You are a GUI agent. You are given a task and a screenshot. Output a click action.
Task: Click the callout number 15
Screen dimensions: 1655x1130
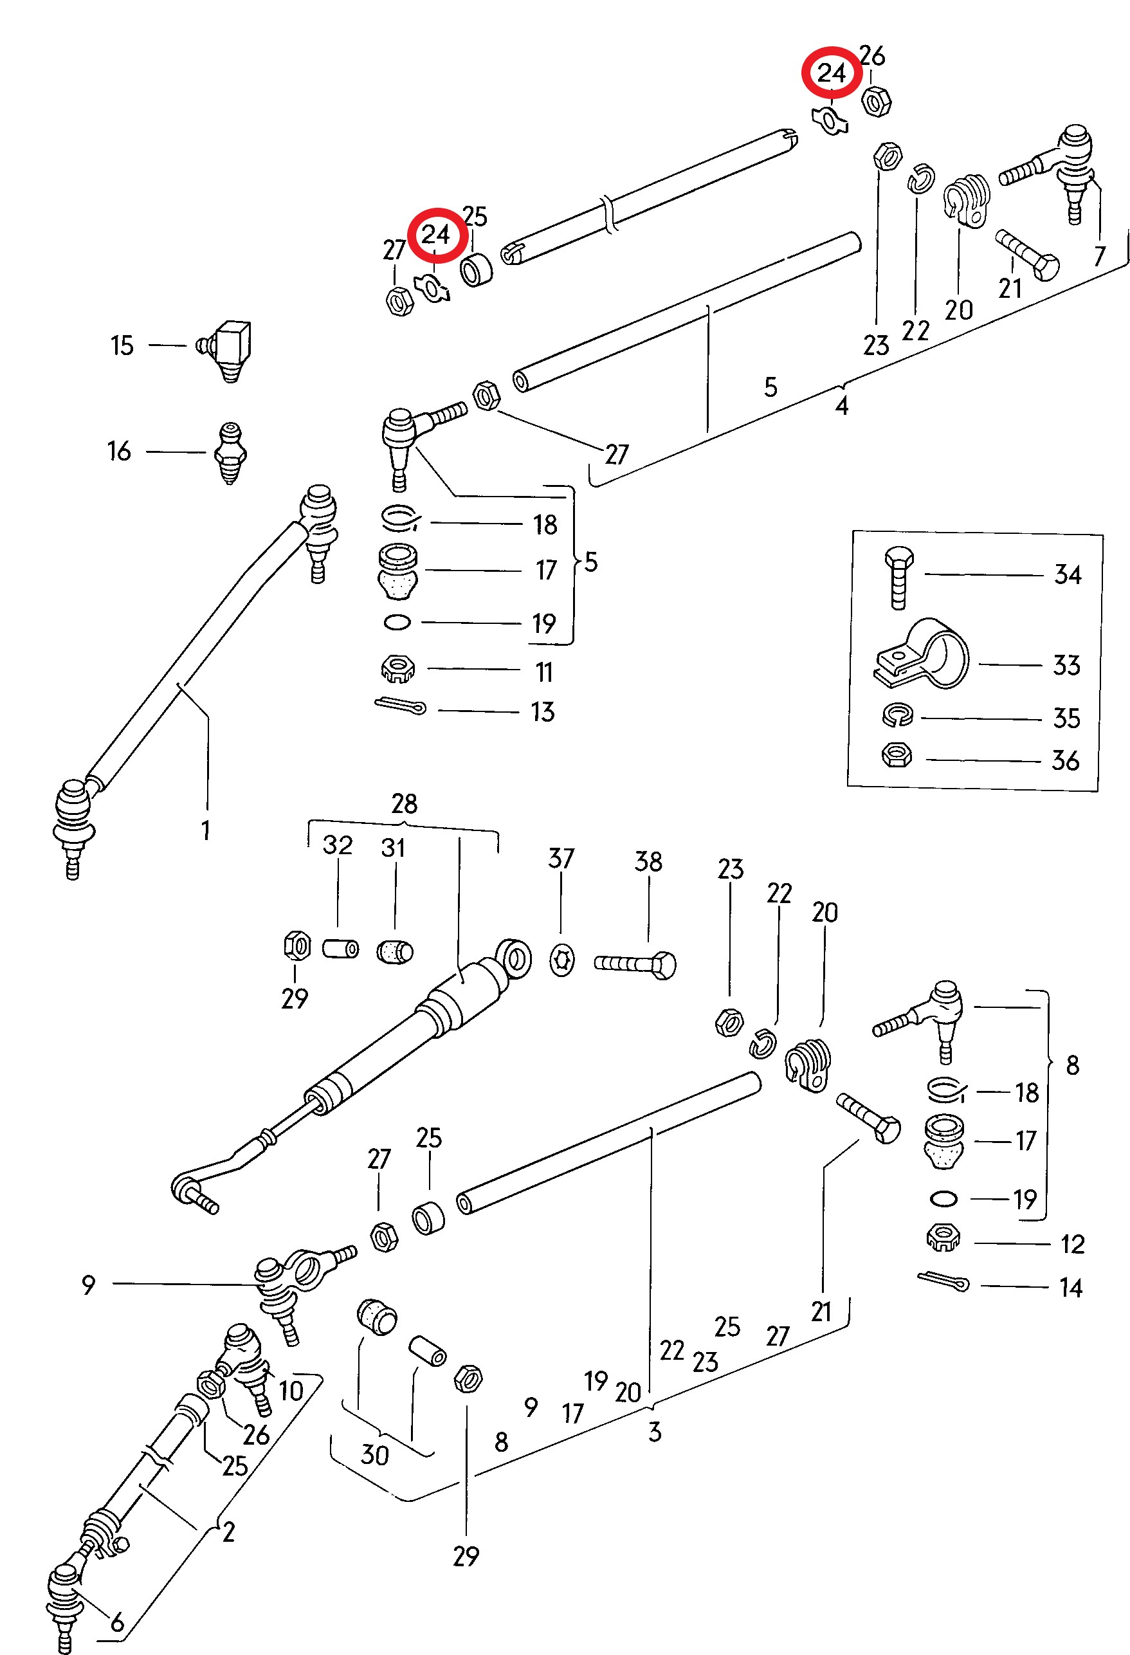[x=122, y=346]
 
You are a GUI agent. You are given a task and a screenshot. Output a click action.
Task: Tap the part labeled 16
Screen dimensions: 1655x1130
[x=230, y=452]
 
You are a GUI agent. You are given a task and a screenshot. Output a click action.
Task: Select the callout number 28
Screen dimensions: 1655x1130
[x=404, y=804]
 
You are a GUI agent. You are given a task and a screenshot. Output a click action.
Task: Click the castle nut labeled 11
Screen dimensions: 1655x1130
[x=398, y=668]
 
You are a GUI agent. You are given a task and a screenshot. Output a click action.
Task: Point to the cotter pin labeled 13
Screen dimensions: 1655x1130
[x=400, y=706]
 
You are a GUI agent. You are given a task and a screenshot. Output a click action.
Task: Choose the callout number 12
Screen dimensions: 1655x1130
[x=1071, y=1243]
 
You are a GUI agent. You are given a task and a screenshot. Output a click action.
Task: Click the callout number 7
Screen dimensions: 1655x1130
[x=1098, y=257]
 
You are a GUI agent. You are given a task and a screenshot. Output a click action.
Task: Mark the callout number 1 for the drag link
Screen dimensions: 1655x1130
[x=206, y=830]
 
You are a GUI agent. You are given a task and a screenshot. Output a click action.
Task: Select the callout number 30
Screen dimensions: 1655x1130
[x=374, y=1454]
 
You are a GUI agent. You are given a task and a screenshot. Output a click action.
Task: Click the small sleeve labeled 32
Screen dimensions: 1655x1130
[x=341, y=949]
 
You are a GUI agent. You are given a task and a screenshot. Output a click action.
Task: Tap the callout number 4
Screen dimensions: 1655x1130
[x=842, y=407]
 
